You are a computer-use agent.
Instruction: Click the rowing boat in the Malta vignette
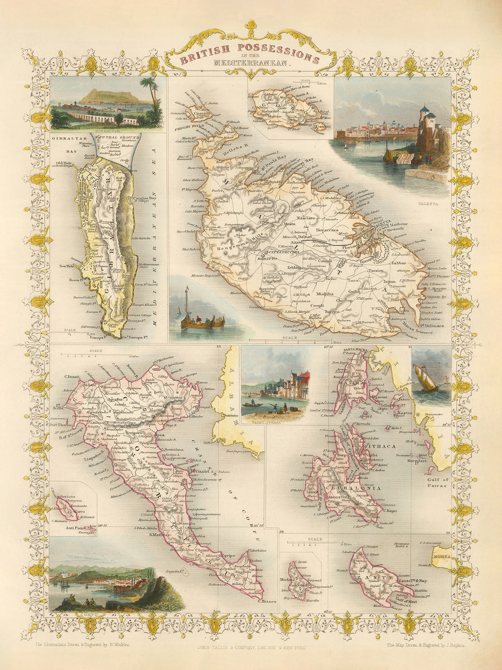point(202,322)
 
